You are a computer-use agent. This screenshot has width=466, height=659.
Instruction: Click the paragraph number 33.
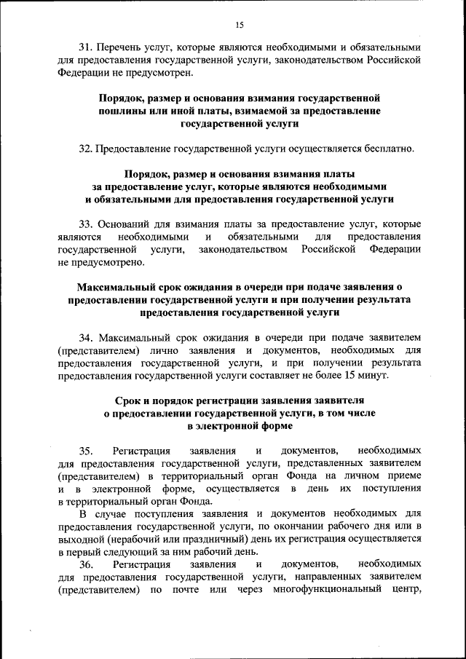[87, 224]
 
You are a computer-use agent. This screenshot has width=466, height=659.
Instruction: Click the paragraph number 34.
[87, 338]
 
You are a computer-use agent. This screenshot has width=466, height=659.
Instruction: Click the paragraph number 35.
[87, 451]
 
